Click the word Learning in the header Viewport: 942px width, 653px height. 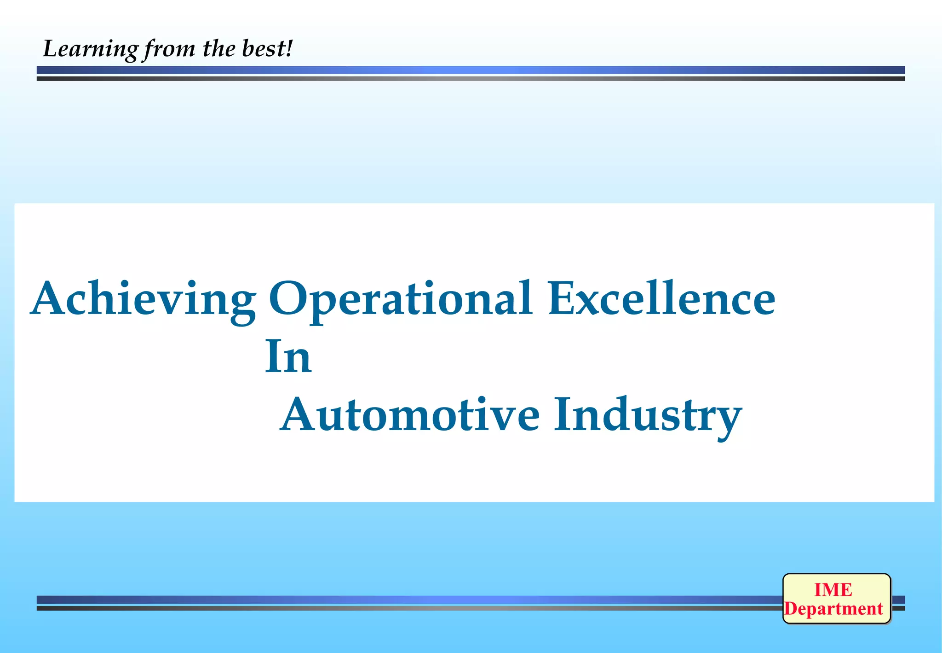point(90,49)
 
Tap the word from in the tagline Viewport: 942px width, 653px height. point(169,49)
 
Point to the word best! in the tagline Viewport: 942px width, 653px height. point(267,48)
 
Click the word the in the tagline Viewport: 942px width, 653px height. point(219,48)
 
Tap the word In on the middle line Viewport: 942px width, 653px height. point(288,356)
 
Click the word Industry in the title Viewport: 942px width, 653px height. point(648,415)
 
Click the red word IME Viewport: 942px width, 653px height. point(833,590)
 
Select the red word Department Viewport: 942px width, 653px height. point(833,609)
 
